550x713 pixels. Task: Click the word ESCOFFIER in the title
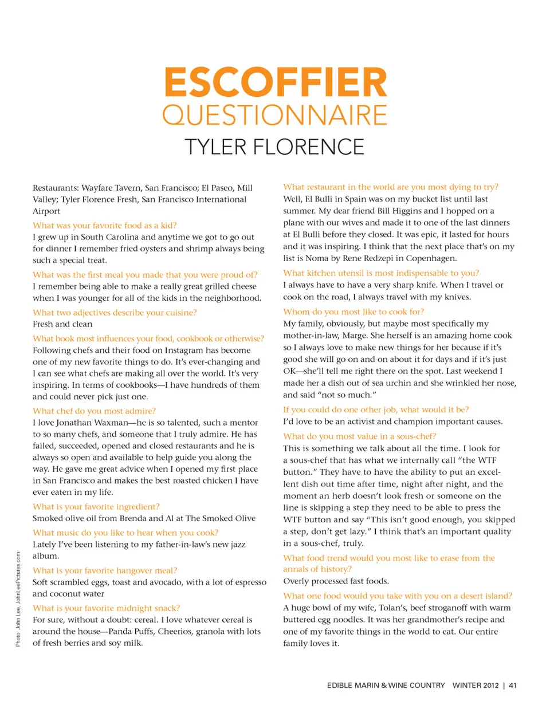(x=276, y=83)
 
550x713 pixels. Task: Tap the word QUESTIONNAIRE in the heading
(x=275, y=115)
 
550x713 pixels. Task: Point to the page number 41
(x=512, y=686)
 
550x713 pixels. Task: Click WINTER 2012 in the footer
(x=475, y=686)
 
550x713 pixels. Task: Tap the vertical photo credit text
(x=18, y=599)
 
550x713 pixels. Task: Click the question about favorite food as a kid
(x=104, y=226)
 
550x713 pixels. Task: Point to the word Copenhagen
(x=431, y=258)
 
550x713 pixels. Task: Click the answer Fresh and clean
(x=62, y=324)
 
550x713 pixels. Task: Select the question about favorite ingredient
(x=96, y=507)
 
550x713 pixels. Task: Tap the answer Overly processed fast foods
(x=336, y=581)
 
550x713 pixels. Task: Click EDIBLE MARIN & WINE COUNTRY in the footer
(x=386, y=686)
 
